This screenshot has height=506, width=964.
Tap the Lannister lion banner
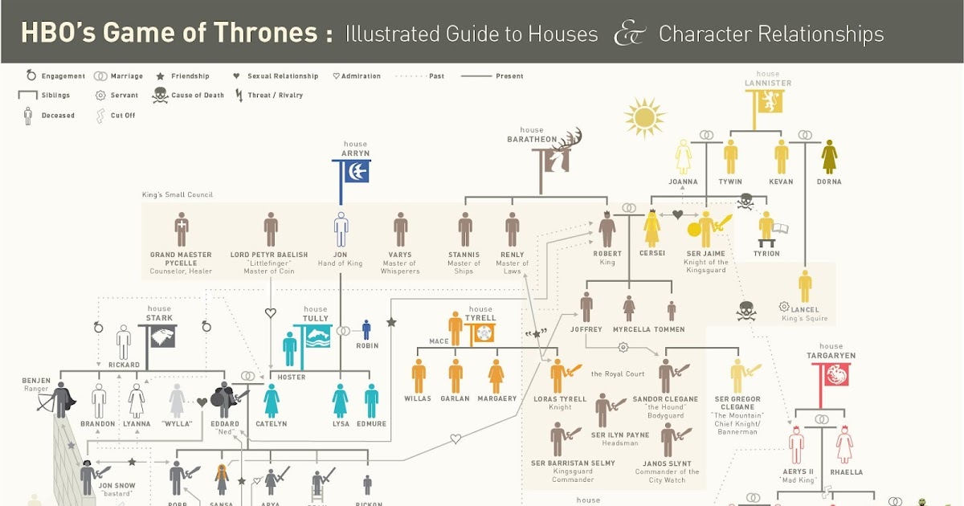765,104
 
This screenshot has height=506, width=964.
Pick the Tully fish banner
317,337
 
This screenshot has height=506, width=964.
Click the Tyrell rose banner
482,331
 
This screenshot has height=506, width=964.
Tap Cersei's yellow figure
652,229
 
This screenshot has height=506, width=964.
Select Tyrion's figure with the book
767,229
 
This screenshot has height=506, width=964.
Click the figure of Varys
400,230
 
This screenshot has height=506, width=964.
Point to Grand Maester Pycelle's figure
182,230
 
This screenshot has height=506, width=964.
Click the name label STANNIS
464,255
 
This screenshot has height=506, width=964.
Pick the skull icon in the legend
160,96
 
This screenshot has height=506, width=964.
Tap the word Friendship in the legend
190,76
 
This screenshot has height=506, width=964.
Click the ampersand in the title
629,34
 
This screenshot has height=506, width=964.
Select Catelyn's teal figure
272,400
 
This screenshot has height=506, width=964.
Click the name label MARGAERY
496,399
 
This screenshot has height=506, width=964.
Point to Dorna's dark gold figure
830,157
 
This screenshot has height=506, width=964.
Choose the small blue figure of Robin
366,330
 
